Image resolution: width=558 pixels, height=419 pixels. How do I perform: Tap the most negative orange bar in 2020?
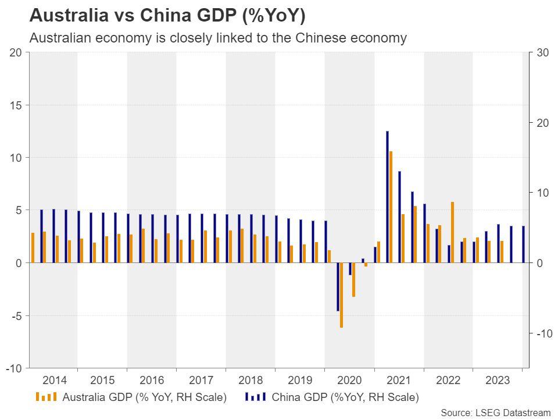341,295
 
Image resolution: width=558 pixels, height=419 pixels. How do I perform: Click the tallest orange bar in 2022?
452,232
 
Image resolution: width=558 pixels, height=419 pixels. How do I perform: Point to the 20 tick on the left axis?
16,53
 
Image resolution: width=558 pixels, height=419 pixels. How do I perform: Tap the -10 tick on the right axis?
541,333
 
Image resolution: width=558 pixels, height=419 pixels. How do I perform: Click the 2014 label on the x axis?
54,381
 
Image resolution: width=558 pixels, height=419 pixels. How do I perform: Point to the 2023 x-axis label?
498,381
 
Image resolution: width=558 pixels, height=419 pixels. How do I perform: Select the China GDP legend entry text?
345,397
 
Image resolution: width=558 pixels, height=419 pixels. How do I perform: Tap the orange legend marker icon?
46,397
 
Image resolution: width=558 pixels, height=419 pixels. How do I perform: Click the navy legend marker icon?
255,397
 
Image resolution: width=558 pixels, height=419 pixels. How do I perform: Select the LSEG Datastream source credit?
495,412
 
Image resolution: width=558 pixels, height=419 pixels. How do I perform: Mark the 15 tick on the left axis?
16,105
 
